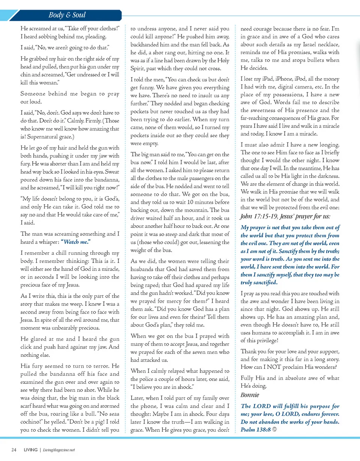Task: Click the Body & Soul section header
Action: (x=67, y=15)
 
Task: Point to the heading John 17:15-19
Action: (x=262, y=216)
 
